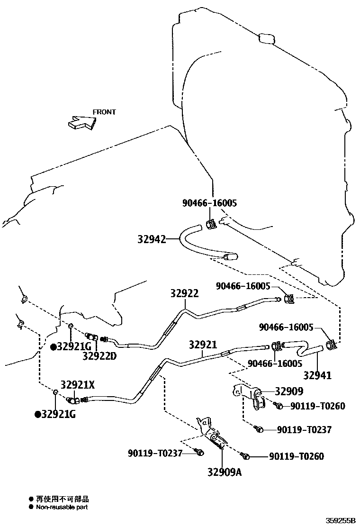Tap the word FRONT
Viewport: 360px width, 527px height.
click(x=104, y=112)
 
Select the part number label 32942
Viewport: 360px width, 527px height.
click(x=153, y=240)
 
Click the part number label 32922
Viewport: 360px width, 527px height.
click(x=184, y=294)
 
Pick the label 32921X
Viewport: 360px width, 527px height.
click(x=77, y=385)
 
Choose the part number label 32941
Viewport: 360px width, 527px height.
click(x=317, y=375)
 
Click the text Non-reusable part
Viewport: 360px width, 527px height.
click(x=62, y=507)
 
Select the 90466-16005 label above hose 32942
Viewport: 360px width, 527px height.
click(x=209, y=203)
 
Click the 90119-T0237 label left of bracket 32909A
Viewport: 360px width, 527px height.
click(x=155, y=454)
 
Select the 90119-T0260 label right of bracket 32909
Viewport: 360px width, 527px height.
click(x=318, y=406)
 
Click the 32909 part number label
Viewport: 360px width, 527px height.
click(x=289, y=391)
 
